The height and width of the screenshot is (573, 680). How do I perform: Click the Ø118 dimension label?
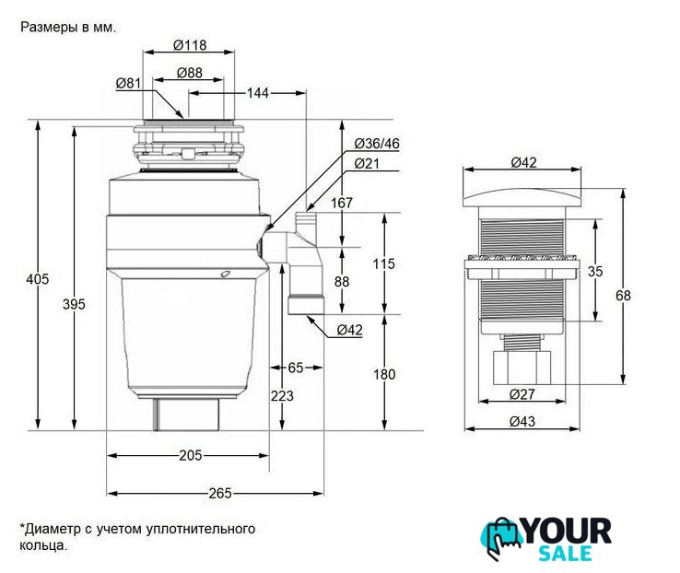190,45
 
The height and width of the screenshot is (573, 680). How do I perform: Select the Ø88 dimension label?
190,73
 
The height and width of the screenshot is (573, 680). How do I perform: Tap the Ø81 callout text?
128,83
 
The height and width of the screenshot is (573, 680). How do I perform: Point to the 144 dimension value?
258,93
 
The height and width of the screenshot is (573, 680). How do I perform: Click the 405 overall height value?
37,279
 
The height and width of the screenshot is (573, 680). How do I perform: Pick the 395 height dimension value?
74,304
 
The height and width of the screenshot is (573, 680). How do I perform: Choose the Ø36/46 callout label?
377,144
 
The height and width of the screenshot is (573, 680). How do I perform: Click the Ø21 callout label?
367,163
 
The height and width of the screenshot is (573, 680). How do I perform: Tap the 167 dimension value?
342,203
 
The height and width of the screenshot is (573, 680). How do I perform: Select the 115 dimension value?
384,263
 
